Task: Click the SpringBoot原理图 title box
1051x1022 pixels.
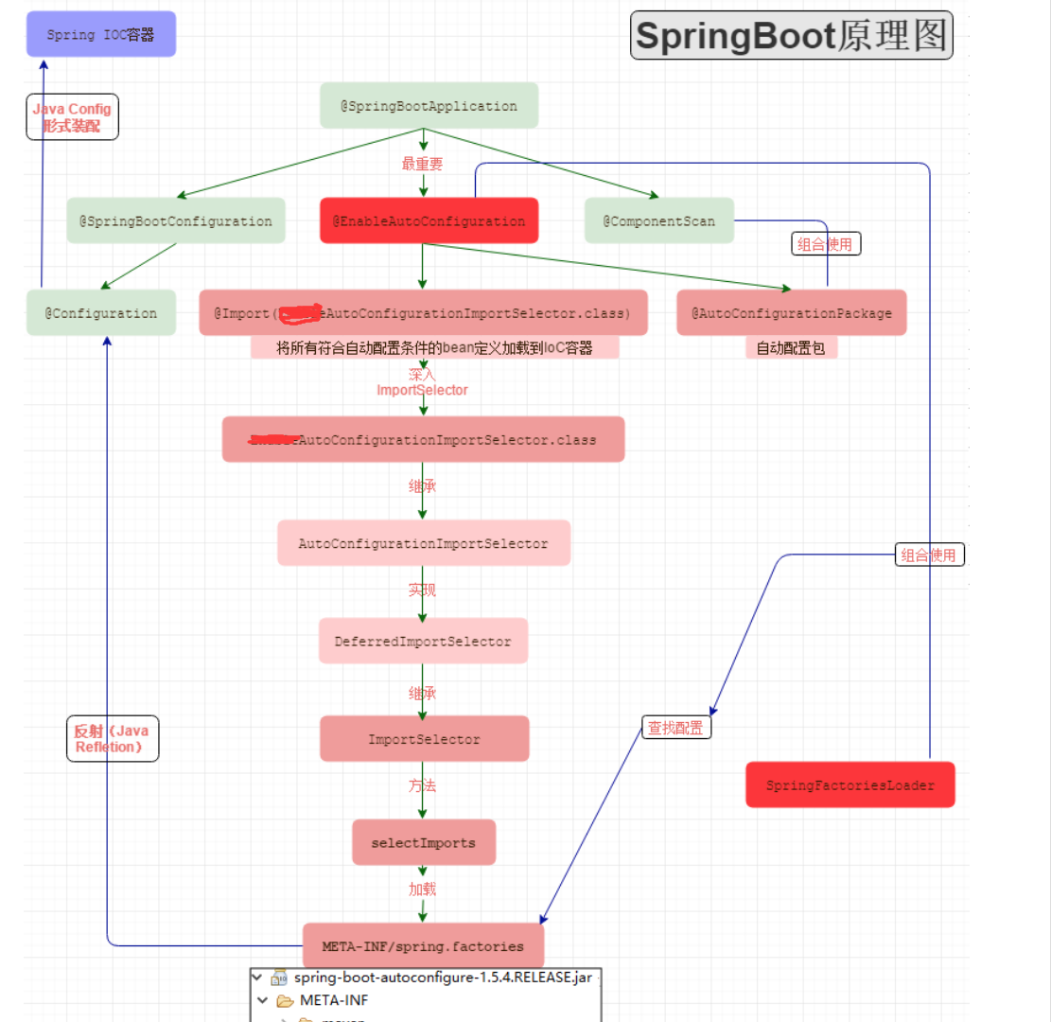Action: [x=792, y=36]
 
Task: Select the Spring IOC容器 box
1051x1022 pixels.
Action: [x=100, y=34]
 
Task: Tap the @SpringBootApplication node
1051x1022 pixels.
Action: [x=429, y=106]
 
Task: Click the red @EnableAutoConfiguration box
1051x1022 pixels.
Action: [x=429, y=220]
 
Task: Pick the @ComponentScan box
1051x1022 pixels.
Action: [x=658, y=220]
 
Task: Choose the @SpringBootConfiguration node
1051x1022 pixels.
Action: [x=175, y=220]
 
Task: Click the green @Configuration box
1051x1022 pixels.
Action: [x=100, y=312]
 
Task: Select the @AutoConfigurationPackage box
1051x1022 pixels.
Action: [x=791, y=312]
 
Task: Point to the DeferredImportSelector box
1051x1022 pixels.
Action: [x=422, y=641]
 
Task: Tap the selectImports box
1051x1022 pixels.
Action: [x=423, y=842]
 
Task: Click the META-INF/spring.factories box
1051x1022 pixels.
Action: [x=423, y=945]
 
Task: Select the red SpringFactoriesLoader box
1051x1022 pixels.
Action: [x=850, y=784]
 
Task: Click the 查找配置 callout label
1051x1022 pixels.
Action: [x=676, y=728]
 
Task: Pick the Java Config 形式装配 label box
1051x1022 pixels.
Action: [x=72, y=117]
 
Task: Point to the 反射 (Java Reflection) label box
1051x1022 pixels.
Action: [x=112, y=738]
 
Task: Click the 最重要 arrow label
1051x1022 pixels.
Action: [x=422, y=164]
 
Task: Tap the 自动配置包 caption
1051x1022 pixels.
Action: [x=791, y=348]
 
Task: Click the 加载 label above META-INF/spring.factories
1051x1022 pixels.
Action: [x=422, y=890]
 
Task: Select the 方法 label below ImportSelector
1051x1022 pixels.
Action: [x=422, y=785]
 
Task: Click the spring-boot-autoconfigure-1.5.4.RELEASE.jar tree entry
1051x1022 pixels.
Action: [x=443, y=978]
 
